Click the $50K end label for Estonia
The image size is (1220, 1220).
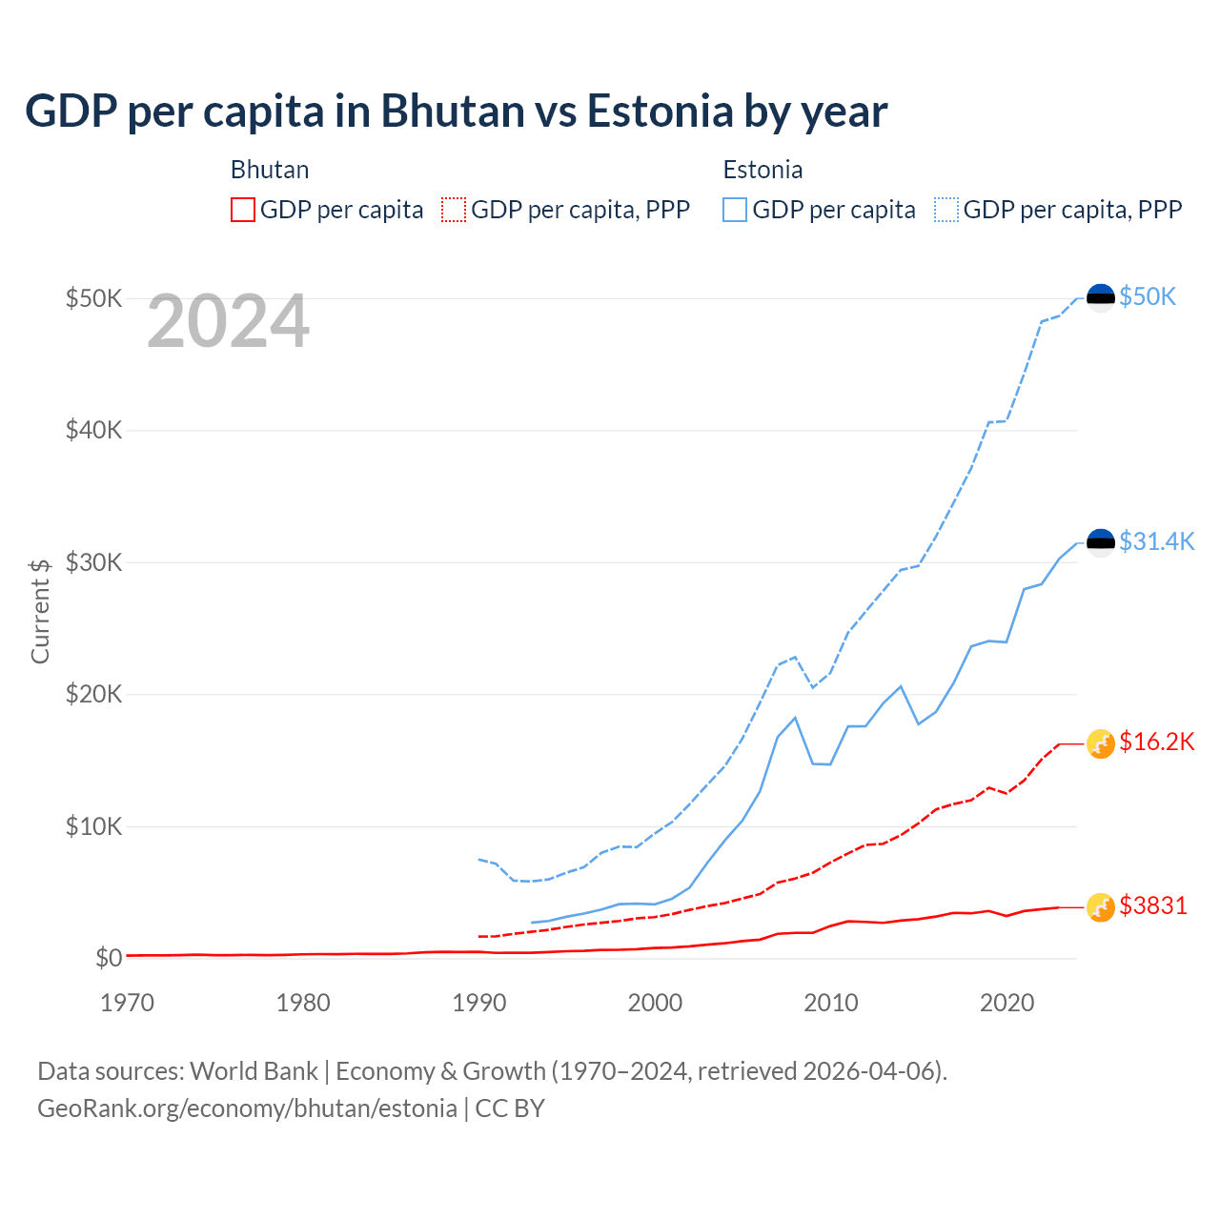pos(1148,296)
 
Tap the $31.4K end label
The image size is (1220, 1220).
pos(1156,541)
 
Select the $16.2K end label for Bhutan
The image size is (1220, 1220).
pos(1156,742)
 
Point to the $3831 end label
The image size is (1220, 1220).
pos(1153,905)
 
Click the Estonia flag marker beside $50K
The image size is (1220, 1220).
pos(1101,297)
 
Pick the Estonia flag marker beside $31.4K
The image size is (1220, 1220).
pos(1101,542)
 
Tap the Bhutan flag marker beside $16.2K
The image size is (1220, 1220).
pos(1101,743)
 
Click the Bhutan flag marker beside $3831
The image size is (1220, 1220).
pos(1101,907)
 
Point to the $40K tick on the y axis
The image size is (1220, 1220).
pos(93,430)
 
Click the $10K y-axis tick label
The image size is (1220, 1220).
pos(93,826)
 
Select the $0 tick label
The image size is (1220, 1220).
pos(109,958)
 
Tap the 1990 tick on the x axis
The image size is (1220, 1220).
pos(479,1003)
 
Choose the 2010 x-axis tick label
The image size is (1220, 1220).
pos(831,1003)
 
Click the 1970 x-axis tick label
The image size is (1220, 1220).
pos(128,1003)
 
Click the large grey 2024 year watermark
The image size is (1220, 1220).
pos(229,321)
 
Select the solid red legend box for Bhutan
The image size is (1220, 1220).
pos(243,210)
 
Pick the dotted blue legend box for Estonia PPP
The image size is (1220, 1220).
pos(946,210)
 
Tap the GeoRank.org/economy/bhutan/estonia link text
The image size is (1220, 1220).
pos(247,1108)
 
